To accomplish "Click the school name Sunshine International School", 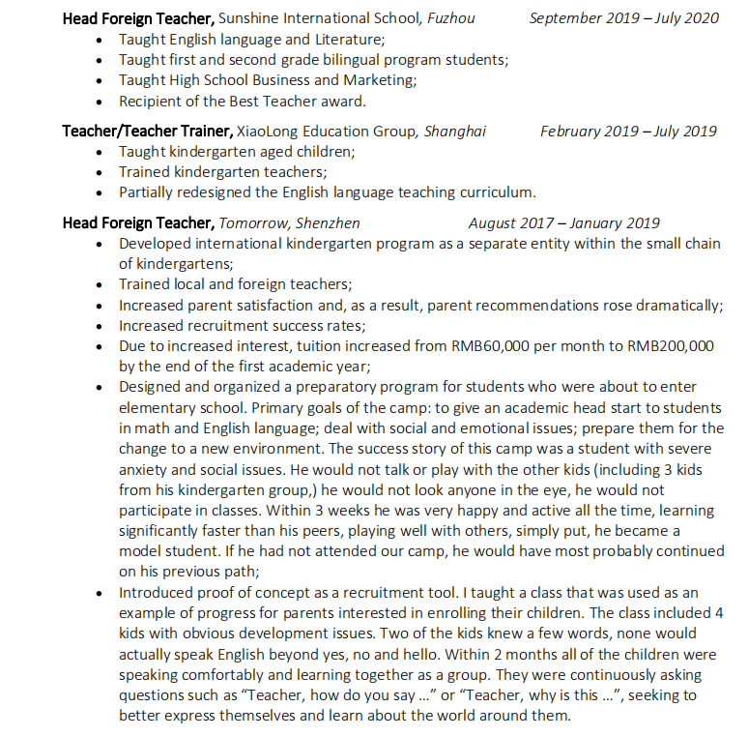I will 320,18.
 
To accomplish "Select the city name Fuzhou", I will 450,18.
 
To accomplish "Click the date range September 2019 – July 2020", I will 624,18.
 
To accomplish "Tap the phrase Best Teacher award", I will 305,101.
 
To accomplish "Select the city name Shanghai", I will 455,132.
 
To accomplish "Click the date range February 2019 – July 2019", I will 628,132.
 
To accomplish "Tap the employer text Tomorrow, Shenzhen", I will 290,223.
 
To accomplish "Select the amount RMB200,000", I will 671,346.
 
